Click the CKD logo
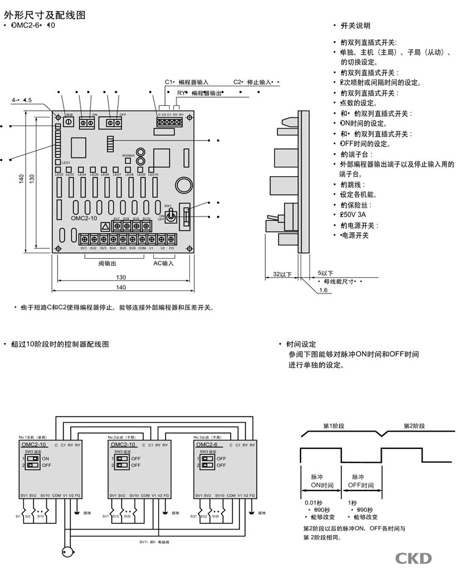pos(414,558)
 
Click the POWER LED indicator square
pos(128,162)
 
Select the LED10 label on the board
pos(153,175)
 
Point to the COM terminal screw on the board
pos(142,238)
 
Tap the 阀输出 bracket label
pos(107,263)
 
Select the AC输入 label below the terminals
pos(163,263)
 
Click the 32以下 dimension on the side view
pos(282,273)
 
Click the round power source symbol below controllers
pos(69,552)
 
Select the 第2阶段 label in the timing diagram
pos(414,425)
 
